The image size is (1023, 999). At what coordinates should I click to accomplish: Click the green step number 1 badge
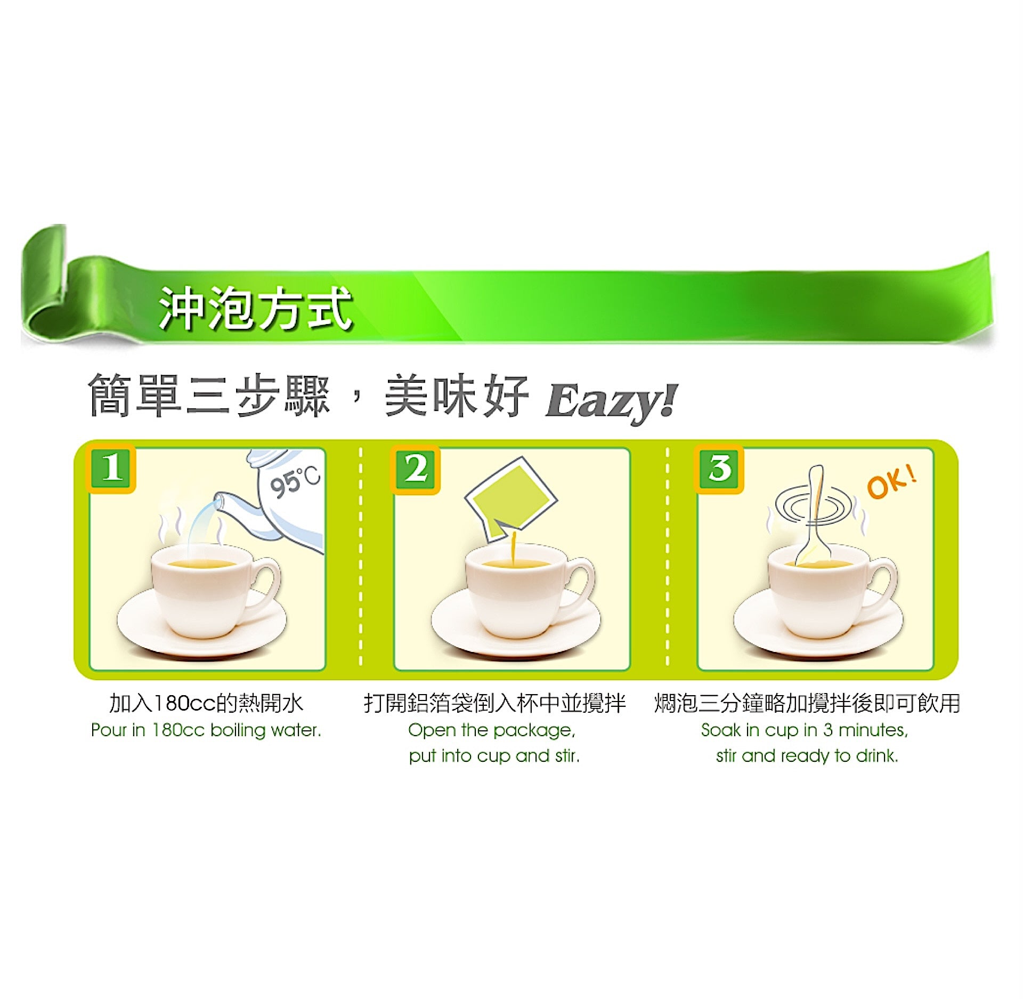point(111,469)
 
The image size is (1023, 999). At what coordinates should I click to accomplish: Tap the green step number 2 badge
point(415,469)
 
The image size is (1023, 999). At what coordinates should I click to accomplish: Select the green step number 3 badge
point(719,469)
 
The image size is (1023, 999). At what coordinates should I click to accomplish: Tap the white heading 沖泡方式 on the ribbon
point(255,308)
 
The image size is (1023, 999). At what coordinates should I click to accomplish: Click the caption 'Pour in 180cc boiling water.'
point(206,730)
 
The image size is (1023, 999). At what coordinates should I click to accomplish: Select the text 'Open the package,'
point(492,730)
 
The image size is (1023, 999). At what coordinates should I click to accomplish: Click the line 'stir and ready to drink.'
point(807,755)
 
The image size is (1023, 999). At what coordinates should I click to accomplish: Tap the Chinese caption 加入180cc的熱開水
point(206,703)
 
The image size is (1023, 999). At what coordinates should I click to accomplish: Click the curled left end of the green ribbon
point(45,288)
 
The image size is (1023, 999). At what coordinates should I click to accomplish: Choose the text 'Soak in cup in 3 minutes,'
point(805,730)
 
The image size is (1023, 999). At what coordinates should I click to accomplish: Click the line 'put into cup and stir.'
point(494,755)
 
